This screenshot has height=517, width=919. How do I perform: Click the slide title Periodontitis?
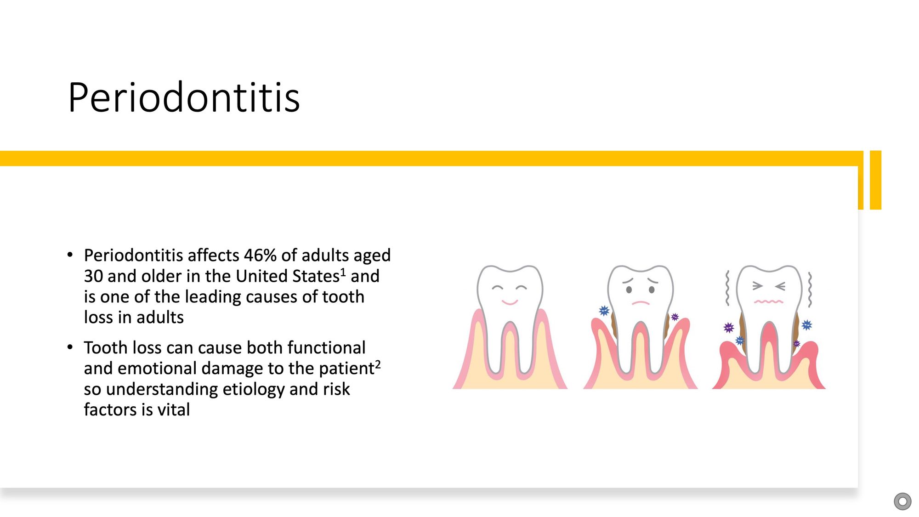coord(184,97)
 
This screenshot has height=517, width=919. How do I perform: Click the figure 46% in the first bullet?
coord(260,255)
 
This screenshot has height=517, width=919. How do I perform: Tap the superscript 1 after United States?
coord(343,273)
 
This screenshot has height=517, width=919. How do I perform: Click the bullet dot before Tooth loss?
coord(70,347)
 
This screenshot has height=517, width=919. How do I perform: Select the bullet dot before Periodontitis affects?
coord(70,255)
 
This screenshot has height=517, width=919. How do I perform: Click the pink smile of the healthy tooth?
coord(510,302)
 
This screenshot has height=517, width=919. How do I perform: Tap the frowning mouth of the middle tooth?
coord(641,303)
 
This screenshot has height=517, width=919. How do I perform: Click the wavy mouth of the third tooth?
coord(769,301)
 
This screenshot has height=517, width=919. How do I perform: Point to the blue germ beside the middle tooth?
coord(604,311)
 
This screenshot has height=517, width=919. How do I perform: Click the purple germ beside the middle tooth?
coord(675,317)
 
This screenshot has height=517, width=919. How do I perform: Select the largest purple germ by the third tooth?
coord(729,328)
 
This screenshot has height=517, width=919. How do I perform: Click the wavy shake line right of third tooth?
coord(810,290)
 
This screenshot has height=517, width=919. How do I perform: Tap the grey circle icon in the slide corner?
coord(902,501)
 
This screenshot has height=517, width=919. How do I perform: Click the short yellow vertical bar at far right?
coord(876,180)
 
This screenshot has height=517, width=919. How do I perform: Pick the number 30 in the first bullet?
coord(93,276)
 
